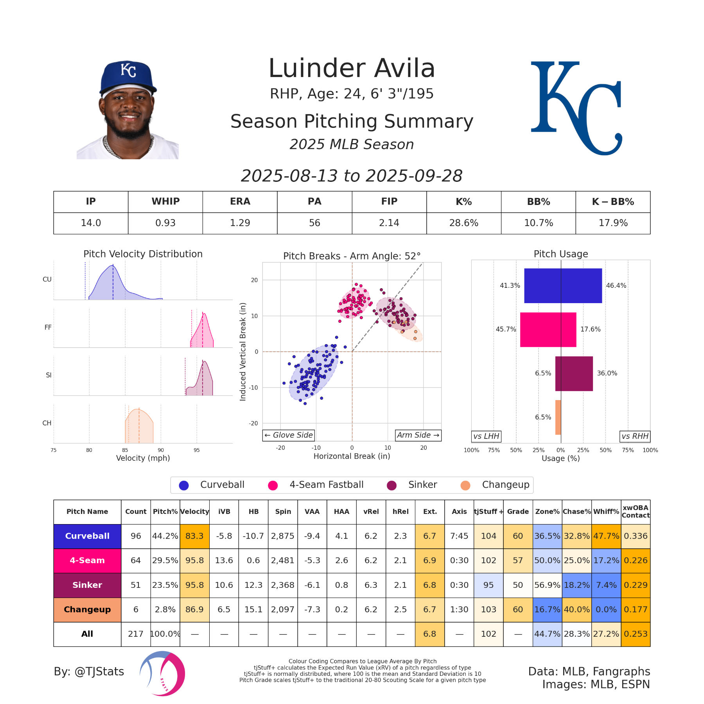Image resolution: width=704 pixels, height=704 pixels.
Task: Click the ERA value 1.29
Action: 240,223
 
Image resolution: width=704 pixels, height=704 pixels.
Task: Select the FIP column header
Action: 389,201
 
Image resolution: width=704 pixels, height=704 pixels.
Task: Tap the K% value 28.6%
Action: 463,223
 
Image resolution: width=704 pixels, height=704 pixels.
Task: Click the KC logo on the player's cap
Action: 128,70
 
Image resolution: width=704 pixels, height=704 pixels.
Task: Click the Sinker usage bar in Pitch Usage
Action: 574,374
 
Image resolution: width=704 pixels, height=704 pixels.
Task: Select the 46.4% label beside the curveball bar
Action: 616,286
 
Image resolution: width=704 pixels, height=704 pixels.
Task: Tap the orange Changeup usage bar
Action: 558,417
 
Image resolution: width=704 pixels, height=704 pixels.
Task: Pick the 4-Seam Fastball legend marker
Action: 273,485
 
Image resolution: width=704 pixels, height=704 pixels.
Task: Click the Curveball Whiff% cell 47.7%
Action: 606,536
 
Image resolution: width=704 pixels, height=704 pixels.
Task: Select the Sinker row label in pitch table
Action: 87,585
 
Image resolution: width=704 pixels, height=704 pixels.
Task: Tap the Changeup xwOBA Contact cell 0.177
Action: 636,609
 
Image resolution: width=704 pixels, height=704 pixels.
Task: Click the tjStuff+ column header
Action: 488,512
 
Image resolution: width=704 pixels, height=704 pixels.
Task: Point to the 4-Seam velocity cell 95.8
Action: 194,560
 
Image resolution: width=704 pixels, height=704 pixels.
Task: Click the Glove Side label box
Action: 289,435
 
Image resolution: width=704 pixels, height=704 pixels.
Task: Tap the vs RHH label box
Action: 635,436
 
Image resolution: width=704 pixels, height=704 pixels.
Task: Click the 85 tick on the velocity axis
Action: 125,450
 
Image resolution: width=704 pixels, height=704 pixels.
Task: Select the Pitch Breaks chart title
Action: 352,256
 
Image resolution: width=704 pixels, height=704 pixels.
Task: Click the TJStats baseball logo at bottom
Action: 163,673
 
